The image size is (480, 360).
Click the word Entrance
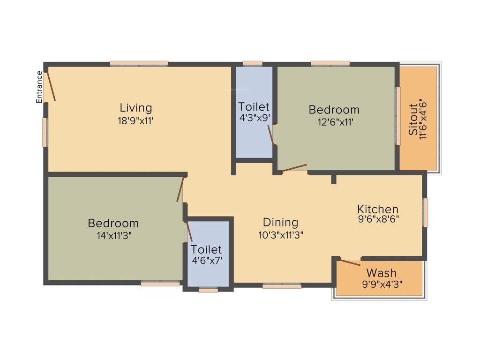40,87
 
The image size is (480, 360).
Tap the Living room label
135,108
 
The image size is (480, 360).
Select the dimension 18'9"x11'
135,120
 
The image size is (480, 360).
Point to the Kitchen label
378,209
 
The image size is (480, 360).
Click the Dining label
280,222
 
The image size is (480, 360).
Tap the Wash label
381,272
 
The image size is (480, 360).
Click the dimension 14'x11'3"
113,236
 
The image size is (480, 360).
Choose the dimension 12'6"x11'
334,122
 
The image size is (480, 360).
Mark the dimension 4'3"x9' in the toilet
254,118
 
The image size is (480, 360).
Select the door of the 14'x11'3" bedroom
180,189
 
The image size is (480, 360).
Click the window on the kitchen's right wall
426,212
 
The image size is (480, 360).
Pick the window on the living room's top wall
139,63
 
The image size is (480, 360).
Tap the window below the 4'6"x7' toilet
208,290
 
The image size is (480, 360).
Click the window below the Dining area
282,285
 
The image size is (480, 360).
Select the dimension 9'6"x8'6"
378,218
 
